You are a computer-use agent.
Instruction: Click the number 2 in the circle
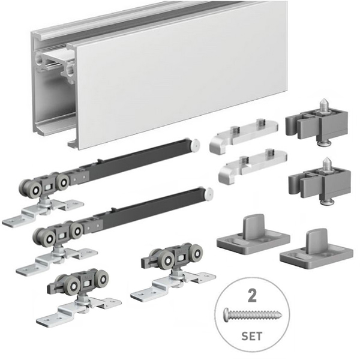[x=252, y=296]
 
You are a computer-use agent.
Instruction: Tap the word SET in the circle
[x=252, y=337]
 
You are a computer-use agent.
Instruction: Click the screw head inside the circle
[x=227, y=313]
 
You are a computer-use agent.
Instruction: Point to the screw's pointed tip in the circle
[x=282, y=314]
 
